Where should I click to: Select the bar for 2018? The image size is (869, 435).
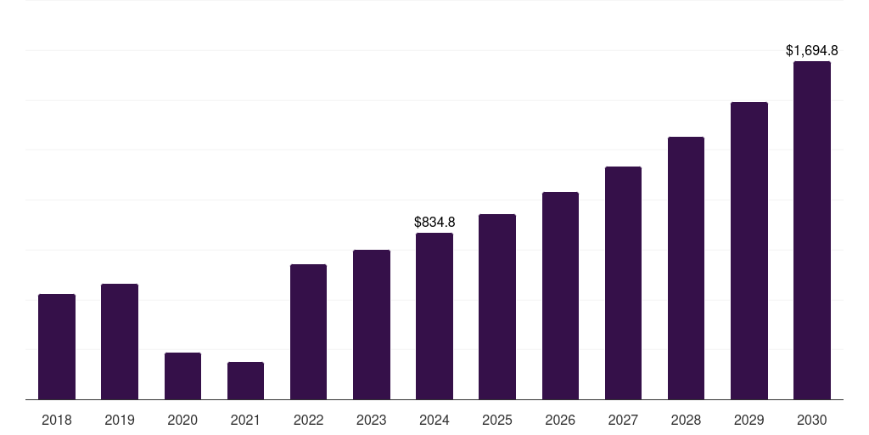point(57,347)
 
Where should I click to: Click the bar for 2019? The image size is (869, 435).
point(120,342)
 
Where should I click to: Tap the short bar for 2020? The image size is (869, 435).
point(183,376)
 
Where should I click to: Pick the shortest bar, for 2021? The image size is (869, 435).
point(245,381)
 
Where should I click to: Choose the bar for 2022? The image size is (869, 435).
point(308,332)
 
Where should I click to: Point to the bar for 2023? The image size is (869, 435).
point(372,325)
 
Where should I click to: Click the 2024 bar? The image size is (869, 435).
point(434,316)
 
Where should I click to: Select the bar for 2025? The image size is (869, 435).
point(497,307)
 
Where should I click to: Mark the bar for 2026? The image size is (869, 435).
point(560,296)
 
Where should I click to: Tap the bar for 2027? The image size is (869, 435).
point(623,283)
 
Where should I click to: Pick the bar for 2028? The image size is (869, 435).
point(686,268)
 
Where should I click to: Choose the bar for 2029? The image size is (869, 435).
point(749,251)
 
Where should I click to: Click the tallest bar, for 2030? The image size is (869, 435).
point(812,230)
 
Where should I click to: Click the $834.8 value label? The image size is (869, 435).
point(434,222)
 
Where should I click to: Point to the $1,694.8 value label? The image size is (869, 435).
point(812,50)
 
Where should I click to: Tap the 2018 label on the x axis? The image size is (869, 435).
point(57,420)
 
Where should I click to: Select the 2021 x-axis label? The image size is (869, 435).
point(245,420)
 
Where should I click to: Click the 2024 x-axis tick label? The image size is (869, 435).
point(434,420)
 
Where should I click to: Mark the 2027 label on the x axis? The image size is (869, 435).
point(623,420)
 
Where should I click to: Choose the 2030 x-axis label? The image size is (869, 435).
point(812,420)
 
